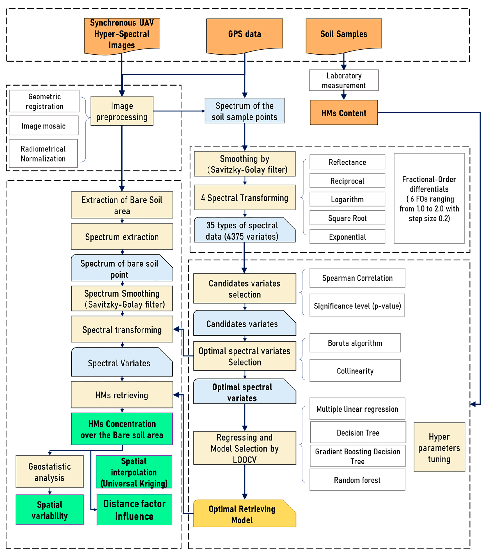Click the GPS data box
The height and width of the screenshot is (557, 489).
point(244,34)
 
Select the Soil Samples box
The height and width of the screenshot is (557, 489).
point(344,34)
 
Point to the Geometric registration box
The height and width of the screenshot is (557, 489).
point(44,101)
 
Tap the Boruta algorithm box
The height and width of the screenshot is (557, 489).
point(355,343)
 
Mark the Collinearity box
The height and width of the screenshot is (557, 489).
point(355,371)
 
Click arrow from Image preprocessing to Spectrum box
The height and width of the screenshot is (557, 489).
point(179,111)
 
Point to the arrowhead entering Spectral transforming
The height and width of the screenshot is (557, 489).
point(176,329)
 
